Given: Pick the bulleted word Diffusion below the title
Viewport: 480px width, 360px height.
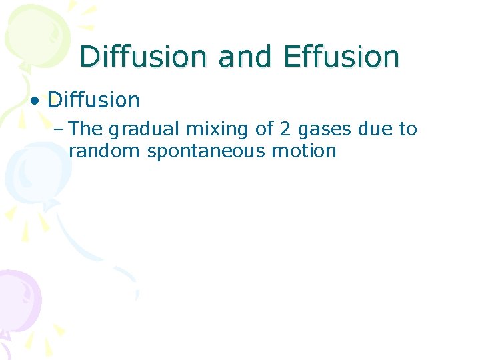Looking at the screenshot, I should (93, 101).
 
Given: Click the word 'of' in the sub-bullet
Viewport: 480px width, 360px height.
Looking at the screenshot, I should (264, 129).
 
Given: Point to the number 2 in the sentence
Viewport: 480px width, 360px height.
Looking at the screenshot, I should (287, 129).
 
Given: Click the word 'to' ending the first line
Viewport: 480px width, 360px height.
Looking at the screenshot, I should (408, 129).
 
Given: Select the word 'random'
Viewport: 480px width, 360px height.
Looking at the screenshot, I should (104, 151).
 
